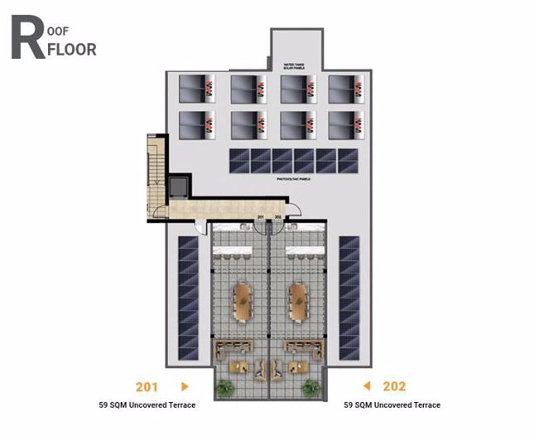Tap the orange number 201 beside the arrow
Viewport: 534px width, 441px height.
[x=148, y=386]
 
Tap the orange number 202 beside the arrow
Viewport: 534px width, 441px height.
[x=395, y=386]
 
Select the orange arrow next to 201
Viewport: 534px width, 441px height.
[x=185, y=386]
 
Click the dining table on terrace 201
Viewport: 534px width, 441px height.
[x=243, y=303]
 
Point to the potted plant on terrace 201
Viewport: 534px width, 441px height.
[x=224, y=386]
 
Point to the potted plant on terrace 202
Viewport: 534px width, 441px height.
[x=313, y=386]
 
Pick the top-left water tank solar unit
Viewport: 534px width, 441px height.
[x=198, y=89]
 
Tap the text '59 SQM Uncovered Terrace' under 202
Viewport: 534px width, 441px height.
[x=392, y=405]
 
